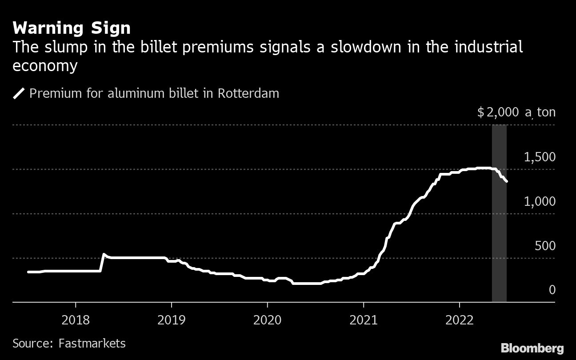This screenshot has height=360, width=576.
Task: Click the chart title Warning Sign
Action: (x=72, y=28)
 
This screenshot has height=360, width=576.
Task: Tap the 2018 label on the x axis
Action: (x=76, y=320)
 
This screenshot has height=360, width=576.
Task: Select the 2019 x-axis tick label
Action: (x=172, y=320)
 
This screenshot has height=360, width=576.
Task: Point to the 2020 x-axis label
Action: (x=268, y=320)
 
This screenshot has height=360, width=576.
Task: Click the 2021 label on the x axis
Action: (x=364, y=320)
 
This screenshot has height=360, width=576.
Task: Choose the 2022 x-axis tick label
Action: (x=460, y=320)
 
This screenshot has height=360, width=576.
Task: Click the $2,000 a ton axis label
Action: (x=516, y=112)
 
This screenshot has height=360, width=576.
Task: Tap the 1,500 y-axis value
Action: (x=540, y=157)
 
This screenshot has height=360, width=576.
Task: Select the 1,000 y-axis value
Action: (x=540, y=201)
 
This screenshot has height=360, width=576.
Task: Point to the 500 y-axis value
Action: (x=545, y=246)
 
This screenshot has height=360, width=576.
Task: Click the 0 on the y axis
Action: (x=552, y=290)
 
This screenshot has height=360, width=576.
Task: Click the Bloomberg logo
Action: (x=532, y=348)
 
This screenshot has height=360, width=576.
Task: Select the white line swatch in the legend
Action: (x=19, y=94)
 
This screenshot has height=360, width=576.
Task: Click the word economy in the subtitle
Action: (x=45, y=66)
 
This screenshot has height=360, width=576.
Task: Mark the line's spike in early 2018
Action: (x=104, y=255)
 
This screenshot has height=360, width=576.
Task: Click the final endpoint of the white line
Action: (x=507, y=181)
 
